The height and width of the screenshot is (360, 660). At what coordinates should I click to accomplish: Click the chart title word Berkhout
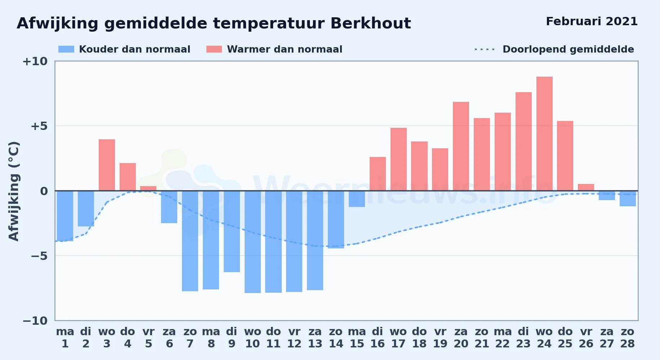tap(370, 23)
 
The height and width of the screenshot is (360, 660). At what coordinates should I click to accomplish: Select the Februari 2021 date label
tap(592, 22)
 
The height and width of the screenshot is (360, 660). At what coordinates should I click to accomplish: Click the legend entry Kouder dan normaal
tap(124, 49)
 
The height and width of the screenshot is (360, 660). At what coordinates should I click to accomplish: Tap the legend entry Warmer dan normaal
tap(274, 49)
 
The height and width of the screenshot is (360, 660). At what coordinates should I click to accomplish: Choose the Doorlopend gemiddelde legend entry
tap(554, 49)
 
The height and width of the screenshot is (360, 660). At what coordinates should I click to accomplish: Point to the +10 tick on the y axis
tap(35, 61)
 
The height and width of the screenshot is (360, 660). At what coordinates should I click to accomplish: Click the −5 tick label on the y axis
tap(39, 256)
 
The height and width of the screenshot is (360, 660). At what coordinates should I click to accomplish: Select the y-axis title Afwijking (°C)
tap(14, 191)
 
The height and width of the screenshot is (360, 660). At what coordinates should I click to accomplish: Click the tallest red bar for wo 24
tap(544, 134)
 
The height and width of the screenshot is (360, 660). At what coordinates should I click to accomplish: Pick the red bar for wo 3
tap(107, 165)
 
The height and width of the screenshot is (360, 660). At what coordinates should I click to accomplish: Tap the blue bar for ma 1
tap(65, 216)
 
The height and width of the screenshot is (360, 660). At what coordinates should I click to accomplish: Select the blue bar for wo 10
tap(253, 242)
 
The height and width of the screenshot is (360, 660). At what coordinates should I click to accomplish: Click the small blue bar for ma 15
tap(357, 199)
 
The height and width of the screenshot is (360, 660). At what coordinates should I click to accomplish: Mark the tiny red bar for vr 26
tap(586, 187)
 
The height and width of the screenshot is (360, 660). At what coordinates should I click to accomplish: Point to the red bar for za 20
tap(461, 146)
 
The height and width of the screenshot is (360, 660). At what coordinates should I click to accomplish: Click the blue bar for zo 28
tap(628, 198)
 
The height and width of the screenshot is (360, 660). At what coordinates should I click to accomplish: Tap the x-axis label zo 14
tap(336, 338)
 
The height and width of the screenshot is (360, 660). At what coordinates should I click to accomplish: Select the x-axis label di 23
tap(523, 338)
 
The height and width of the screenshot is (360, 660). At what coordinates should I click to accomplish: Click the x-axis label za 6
tap(169, 338)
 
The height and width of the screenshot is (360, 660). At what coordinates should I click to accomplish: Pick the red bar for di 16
tap(378, 174)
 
